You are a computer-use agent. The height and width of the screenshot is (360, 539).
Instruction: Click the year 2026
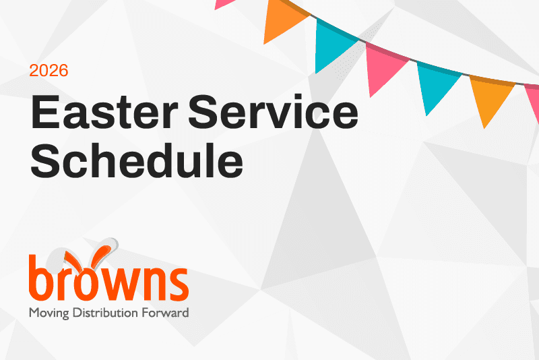point(49,70)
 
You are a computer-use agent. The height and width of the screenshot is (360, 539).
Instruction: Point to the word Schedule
point(137,160)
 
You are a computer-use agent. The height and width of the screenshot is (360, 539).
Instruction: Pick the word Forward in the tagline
point(166,313)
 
